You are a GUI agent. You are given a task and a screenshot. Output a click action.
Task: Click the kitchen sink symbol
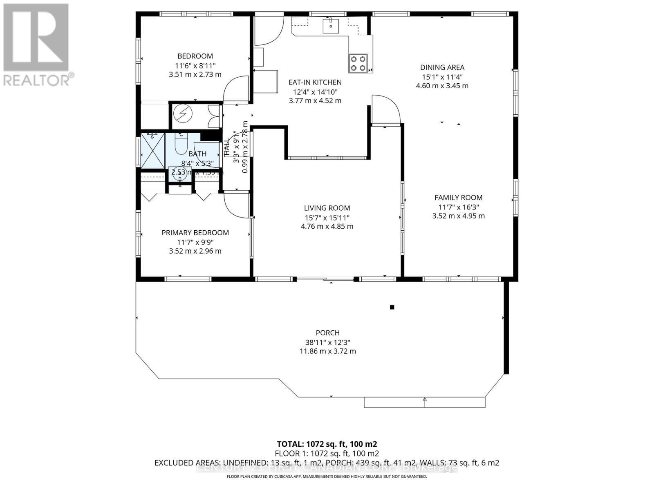tap(330, 25)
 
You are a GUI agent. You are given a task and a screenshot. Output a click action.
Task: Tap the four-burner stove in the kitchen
tap(358, 63)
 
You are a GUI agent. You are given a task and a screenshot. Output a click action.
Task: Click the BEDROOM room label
tap(195, 56)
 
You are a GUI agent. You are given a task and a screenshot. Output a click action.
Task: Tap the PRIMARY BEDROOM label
tap(195, 233)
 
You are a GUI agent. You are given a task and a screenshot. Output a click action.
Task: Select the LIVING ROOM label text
tap(327, 208)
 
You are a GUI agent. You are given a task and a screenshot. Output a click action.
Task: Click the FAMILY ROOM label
tap(458, 198)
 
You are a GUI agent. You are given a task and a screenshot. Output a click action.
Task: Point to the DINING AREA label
tap(442, 68)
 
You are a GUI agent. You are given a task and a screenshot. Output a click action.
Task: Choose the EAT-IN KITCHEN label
tap(315, 82)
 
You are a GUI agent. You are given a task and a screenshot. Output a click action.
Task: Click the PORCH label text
tap(327, 333)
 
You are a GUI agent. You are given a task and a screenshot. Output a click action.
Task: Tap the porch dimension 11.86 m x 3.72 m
tap(327, 351)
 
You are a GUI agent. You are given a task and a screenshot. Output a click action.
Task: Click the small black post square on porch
tap(392, 307)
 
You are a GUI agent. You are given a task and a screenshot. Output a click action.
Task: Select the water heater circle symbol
tap(182, 115)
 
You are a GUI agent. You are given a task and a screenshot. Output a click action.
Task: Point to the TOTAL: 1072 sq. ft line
tap(327, 444)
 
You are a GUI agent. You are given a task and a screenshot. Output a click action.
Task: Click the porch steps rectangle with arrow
tap(424, 402)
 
